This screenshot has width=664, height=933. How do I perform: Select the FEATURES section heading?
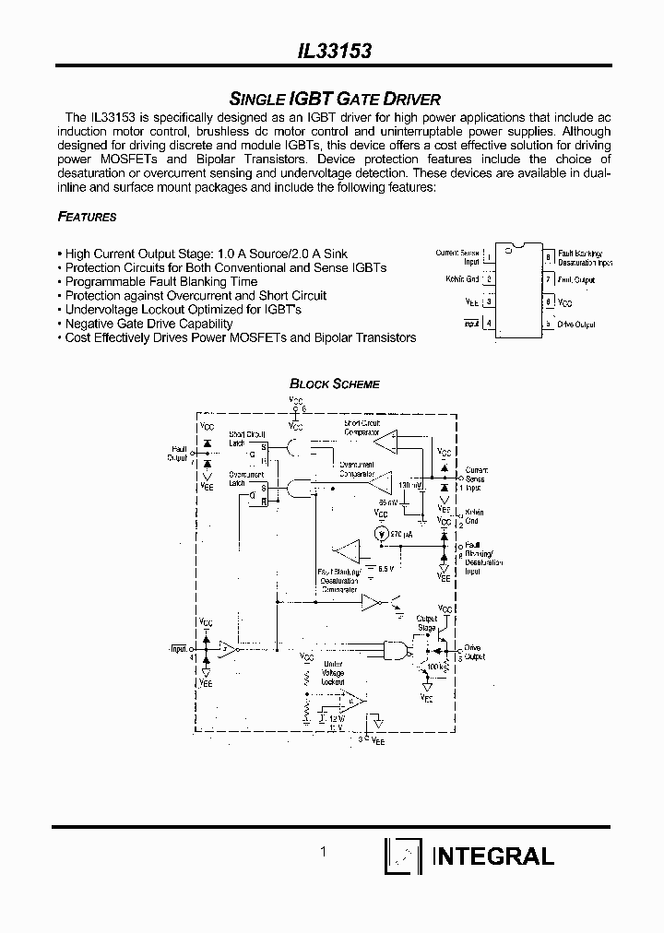87,218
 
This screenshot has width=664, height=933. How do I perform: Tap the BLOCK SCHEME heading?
335,384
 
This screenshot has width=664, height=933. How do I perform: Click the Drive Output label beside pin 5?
577,325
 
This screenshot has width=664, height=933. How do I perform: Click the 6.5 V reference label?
386,568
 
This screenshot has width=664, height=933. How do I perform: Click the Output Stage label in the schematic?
426,622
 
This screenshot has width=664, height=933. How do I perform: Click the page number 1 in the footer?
323,853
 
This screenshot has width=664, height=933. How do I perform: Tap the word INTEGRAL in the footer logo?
492,856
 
